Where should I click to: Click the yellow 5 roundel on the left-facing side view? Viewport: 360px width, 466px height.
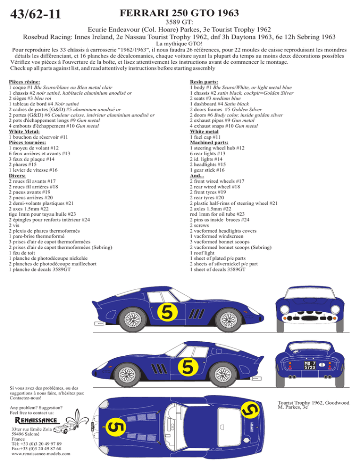[x=187, y=367]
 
